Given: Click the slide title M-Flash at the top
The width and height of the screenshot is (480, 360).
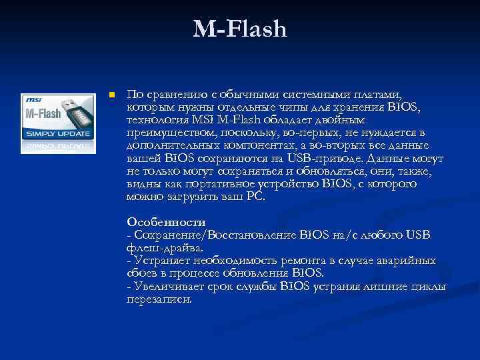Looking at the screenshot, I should coord(240,29).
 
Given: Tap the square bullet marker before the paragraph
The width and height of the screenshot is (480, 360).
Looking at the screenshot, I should coord(113,95).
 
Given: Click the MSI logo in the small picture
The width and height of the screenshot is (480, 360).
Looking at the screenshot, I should coord(33,99).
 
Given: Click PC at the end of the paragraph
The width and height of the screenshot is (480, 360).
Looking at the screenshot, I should coord(255,197).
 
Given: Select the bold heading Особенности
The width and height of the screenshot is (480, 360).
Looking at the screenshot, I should coord(166,222).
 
